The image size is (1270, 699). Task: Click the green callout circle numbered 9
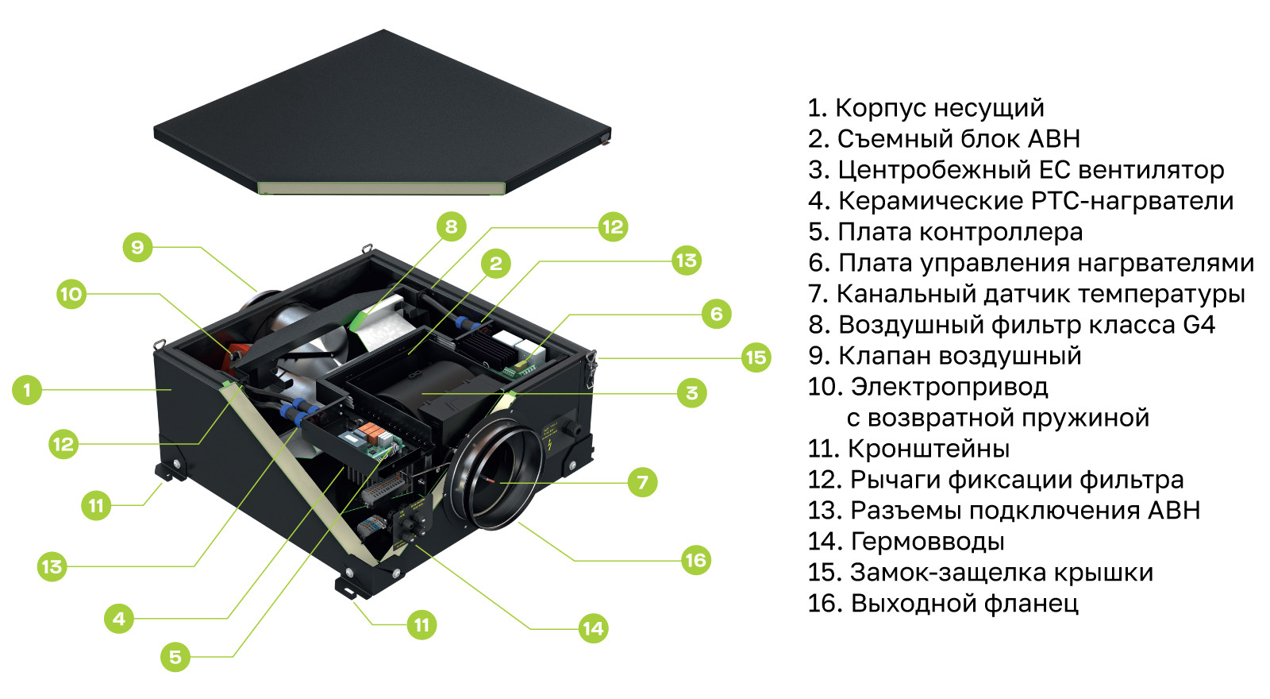click(138, 247)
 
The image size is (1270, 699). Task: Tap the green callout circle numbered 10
click(71, 294)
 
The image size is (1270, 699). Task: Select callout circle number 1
click(27, 390)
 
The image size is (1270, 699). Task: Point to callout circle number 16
click(695, 561)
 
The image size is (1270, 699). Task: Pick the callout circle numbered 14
click(594, 628)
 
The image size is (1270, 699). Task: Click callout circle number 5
click(175, 657)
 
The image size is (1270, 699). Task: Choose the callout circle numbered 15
click(756, 357)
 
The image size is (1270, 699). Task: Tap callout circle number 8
click(452, 226)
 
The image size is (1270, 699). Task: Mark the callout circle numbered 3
click(691, 392)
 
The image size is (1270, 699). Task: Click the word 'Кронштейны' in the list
click(929, 448)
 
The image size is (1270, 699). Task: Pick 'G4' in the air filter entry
click(1199, 325)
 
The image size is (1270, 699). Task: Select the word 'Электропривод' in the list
click(949, 387)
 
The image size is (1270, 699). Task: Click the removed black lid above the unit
click(382, 112)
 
